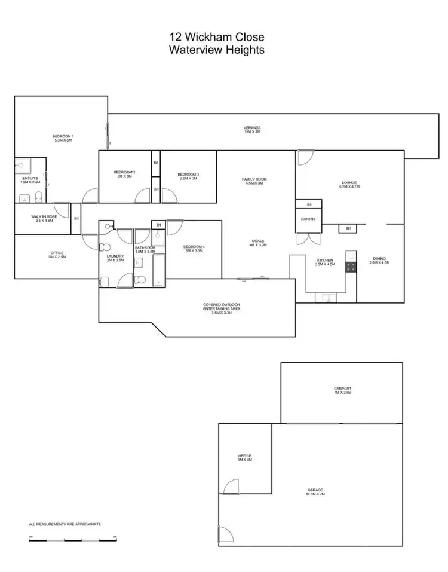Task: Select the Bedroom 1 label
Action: click(x=62, y=139)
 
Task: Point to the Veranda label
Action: click(x=252, y=129)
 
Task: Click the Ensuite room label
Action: click(x=30, y=180)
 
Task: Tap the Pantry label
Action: click(x=308, y=219)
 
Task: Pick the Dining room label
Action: click(x=379, y=260)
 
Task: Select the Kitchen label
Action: click(x=325, y=262)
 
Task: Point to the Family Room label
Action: click(x=254, y=181)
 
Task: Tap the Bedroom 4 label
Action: click(x=194, y=249)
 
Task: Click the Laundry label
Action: click(x=115, y=258)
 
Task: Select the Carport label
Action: click(x=342, y=391)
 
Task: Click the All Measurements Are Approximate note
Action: click(x=65, y=524)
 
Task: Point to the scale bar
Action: click(x=72, y=540)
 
